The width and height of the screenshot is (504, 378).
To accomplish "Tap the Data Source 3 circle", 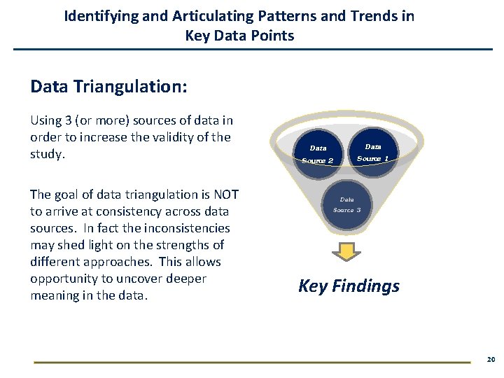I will (x=346, y=205).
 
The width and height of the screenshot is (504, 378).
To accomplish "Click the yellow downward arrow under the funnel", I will (x=346, y=253).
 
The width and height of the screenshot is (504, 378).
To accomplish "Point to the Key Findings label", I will (x=349, y=286).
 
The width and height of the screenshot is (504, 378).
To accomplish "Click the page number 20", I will (x=491, y=359).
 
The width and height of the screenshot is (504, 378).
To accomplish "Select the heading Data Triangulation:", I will (x=108, y=86).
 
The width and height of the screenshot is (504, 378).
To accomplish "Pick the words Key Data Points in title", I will (x=239, y=35).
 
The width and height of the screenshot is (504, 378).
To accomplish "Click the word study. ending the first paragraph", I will (x=48, y=154).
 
